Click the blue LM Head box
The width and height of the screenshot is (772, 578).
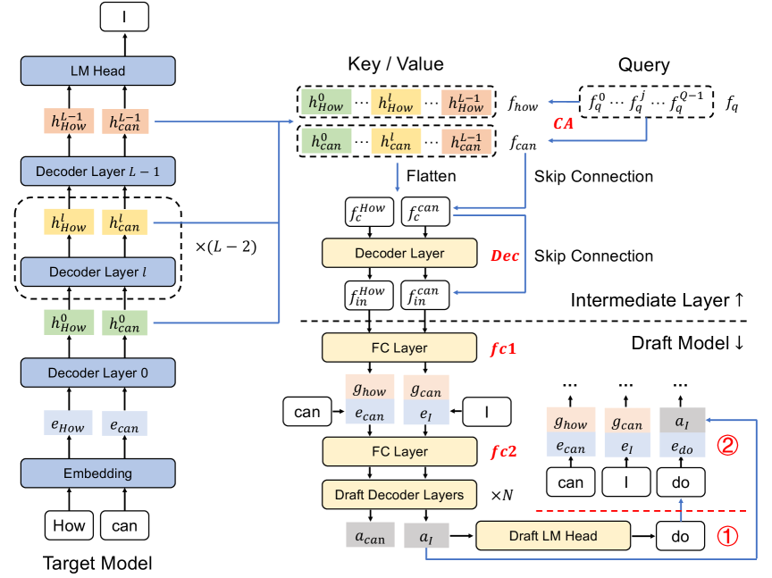tap(98, 71)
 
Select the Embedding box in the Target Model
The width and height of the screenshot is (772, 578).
tap(98, 473)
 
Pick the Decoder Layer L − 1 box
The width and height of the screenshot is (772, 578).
tap(98, 171)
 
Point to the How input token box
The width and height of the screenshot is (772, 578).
tap(69, 526)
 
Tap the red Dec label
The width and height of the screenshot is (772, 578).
tap(505, 255)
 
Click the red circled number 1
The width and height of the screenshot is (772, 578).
tap(729, 538)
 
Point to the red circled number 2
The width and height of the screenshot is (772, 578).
tap(730, 443)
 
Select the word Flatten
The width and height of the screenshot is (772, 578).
tap(430, 177)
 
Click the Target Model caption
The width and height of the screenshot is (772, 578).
tap(97, 564)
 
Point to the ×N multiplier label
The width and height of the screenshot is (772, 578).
tap(500, 494)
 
